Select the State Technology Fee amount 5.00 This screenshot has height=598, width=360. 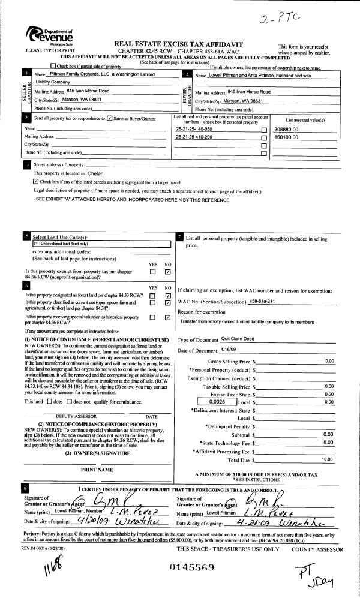(328, 442)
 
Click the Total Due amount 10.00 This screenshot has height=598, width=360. (327, 459)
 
